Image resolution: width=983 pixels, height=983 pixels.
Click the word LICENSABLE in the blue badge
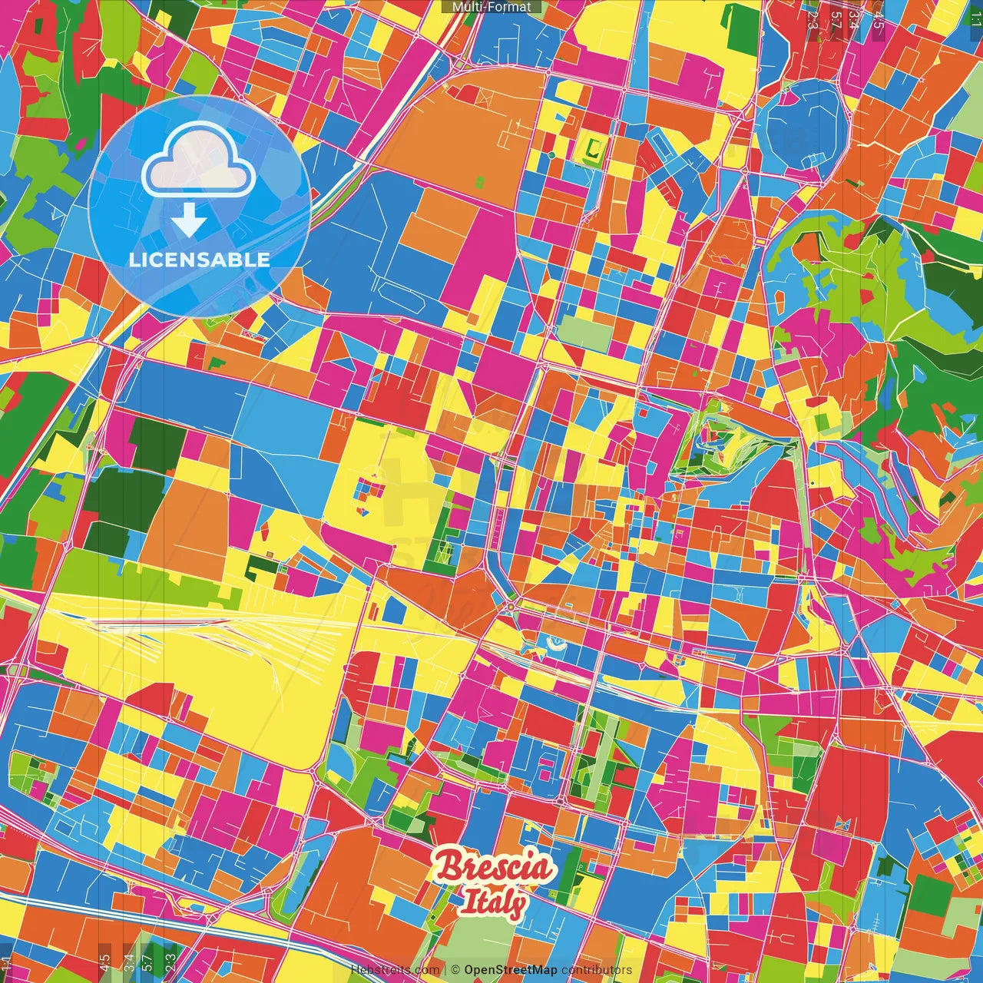coord(199,260)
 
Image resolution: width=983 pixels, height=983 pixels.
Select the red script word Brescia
coord(494,868)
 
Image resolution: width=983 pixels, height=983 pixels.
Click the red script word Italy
coord(493,903)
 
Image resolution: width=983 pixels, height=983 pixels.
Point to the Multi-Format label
coord(491,7)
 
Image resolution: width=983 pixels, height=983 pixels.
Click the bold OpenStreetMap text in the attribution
coord(510,970)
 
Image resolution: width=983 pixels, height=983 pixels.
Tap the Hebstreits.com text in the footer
coord(395,970)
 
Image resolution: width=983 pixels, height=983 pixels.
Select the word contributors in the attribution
coord(597,970)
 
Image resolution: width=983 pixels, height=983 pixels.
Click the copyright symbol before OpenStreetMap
coord(455,970)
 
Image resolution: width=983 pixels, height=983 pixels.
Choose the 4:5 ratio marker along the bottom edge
coord(104,963)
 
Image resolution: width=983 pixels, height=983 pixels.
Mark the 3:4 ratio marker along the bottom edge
coord(128,963)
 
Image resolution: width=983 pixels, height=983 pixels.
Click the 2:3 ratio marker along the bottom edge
coord(170,963)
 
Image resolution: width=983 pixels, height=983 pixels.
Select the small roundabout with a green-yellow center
coord(510,607)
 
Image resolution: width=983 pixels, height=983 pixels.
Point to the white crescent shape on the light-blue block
coord(555,644)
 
